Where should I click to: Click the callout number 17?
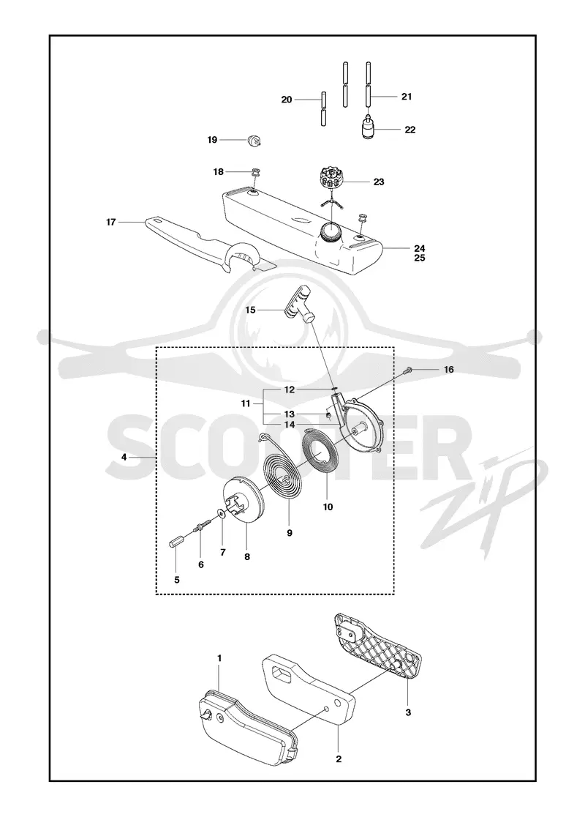pyautogui.click(x=110, y=223)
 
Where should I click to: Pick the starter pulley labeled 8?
pyautogui.click(x=244, y=502)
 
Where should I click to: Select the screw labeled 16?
pyautogui.click(x=409, y=370)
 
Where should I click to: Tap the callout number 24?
pyautogui.click(x=420, y=248)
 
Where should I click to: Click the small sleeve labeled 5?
pyautogui.click(x=175, y=541)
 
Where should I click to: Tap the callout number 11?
pyautogui.click(x=246, y=403)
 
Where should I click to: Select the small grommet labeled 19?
pyautogui.click(x=255, y=141)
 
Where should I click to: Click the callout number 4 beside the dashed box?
pyautogui.click(x=124, y=457)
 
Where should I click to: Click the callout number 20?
pyautogui.click(x=286, y=100)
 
